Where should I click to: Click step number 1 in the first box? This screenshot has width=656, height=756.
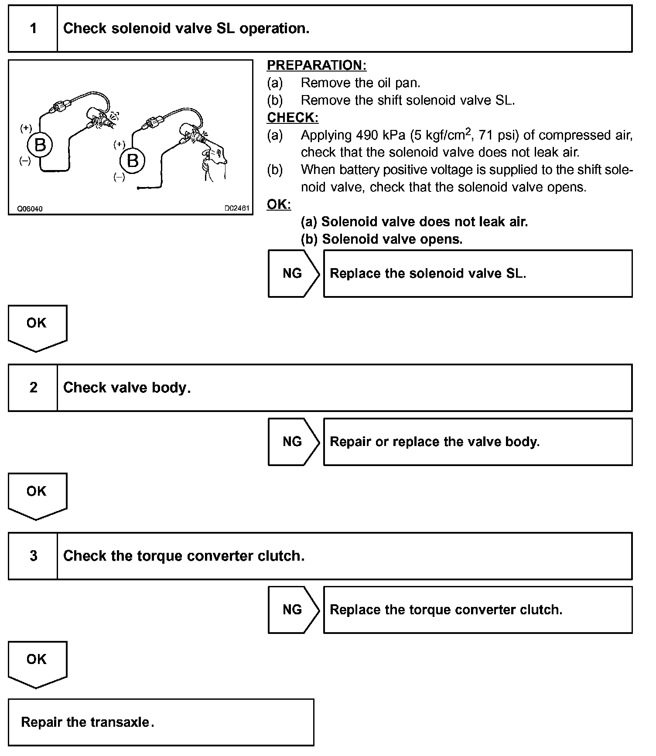pyautogui.click(x=33, y=29)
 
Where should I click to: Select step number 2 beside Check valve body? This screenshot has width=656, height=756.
pyautogui.click(x=33, y=388)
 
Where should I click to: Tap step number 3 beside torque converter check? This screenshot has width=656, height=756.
pyautogui.click(x=33, y=556)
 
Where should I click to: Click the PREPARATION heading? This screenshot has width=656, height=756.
pyautogui.click(x=316, y=65)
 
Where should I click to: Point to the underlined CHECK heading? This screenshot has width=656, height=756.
pyautogui.click(x=292, y=118)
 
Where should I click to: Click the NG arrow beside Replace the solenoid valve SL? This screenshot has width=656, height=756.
pyautogui.click(x=293, y=273)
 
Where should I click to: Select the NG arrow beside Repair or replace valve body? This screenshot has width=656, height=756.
pyautogui.click(x=293, y=442)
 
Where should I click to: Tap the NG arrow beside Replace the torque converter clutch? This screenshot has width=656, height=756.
pyautogui.click(x=293, y=610)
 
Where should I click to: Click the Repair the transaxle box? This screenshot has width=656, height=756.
pyautogui.click(x=161, y=722)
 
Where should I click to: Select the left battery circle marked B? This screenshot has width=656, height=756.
pyautogui.click(x=40, y=145)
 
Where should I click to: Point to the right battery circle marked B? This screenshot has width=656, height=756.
pyautogui.click(x=133, y=161)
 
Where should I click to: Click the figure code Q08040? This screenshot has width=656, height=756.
pyautogui.click(x=30, y=209)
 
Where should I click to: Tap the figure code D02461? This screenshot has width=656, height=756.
pyautogui.click(x=237, y=208)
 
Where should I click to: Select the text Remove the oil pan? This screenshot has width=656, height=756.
pyautogui.click(x=360, y=83)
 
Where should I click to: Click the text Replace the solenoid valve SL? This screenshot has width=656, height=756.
pyautogui.click(x=427, y=273)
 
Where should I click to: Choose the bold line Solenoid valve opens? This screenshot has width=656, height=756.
pyautogui.click(x=382, y=239)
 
